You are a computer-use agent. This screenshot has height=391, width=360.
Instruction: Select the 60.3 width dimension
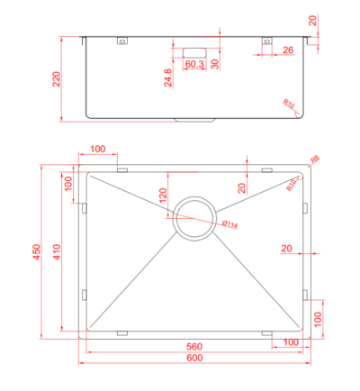pos(194,64)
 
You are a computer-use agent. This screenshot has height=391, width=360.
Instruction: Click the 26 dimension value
pos(287,50)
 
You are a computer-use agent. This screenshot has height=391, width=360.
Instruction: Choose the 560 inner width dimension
pos(194,347)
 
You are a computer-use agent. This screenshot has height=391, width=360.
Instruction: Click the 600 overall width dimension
pos(194,359)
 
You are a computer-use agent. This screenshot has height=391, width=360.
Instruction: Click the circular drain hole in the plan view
pos(194,217)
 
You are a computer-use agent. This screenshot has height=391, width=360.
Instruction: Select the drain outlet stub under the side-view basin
pos(194,120)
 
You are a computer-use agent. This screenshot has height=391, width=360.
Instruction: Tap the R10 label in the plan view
pos(292,186)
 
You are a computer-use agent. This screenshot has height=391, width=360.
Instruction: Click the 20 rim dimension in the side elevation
pos(312,20)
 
